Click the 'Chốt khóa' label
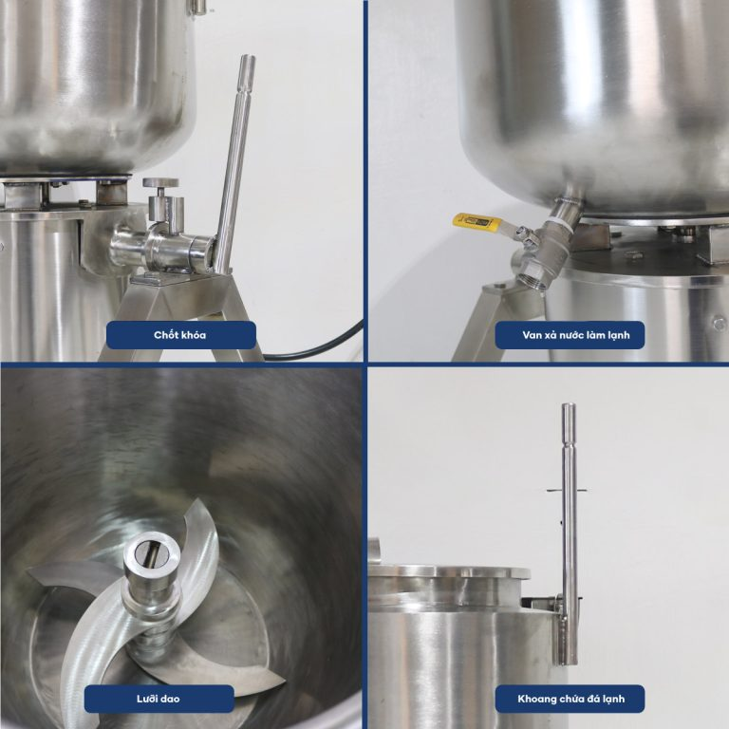pyautogui.click(x=180, y=335)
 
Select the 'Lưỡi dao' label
pyautogui.click(x=159, y=699)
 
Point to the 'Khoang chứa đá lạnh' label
pyautogui.click(x=570, y=699)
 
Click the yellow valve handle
pyautogui.click(x=475, y=222)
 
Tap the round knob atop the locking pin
pyautogui.click(x=160, y=182)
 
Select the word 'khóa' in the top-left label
pyautogui.click(x=194, y=335)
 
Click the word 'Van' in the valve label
pyautogui.click(x=531, y=335)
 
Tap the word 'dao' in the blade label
pyautogui.click(x=170, y=699)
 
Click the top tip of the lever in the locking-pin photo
pyautogui.click(x=248, y=56)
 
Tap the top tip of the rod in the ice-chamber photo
pyautogui.click(x=569, y=404)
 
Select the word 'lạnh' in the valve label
pyautogui.click(x=618, y=335)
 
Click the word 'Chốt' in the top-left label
pyautogui.click(x=166, y=335)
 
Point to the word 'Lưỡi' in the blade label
pyautogui.click(x=147, y=699)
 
